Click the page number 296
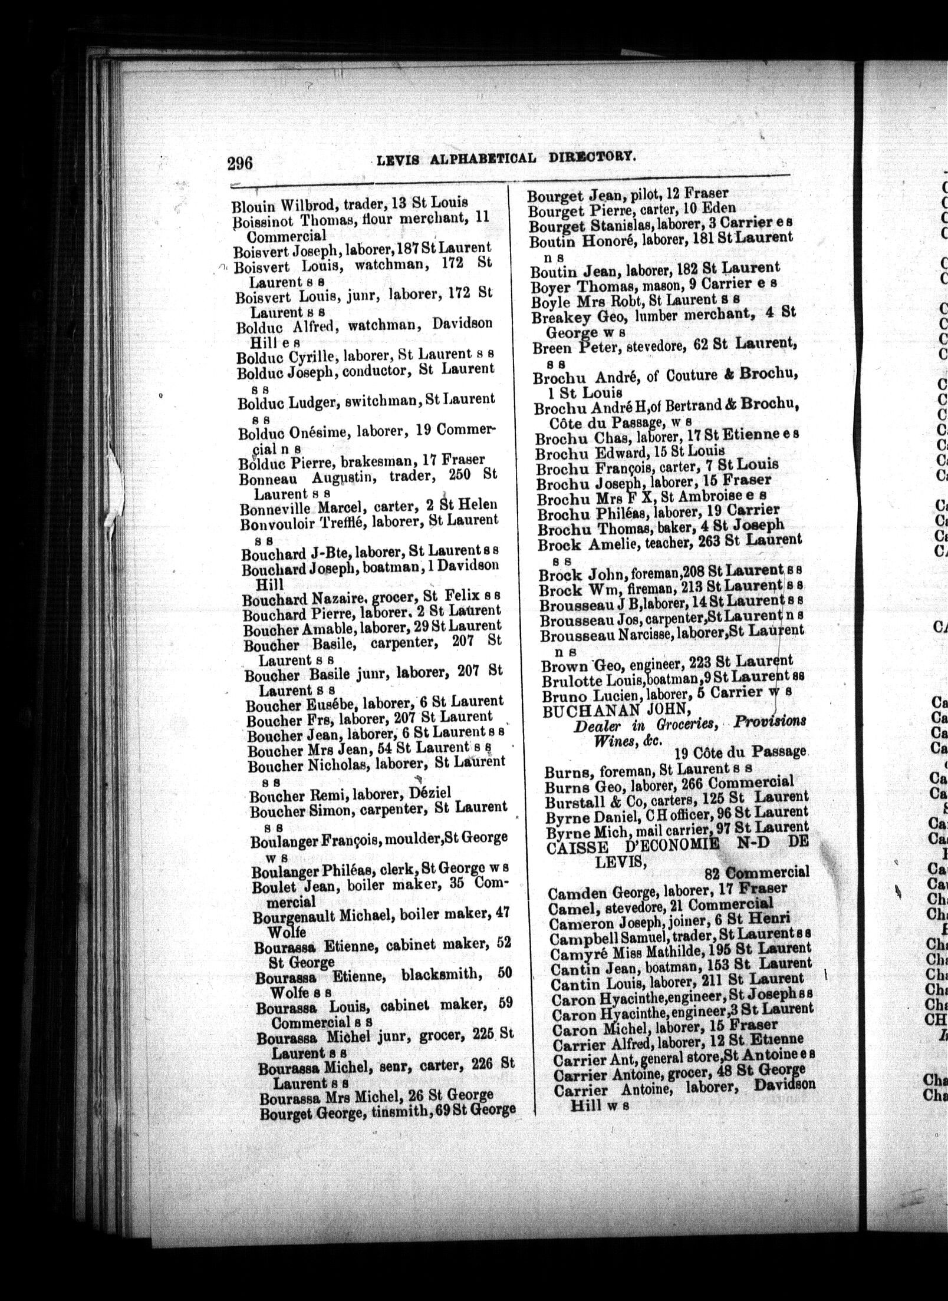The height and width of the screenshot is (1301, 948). tap(240, 161)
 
